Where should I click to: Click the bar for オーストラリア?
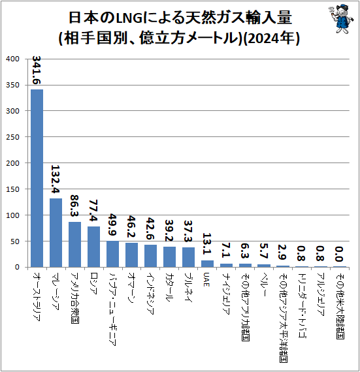click(37, 178)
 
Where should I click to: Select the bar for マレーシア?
click(56, 233)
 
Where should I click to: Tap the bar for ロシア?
click(94, 247)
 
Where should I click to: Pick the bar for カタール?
click(170, 257)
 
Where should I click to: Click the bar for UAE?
click(208, 264)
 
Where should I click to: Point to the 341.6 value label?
click(37, 70)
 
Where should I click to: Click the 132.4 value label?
click(56, 179)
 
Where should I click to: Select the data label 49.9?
click(112, 225)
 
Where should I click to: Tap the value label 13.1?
click(207, 243)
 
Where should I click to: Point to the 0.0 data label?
click(339, 254)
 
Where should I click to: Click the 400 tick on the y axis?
click(12, 59)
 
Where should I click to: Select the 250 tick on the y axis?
click(12, 137)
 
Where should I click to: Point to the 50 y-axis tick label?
click(15, 241)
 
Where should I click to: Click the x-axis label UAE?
click(206, 279)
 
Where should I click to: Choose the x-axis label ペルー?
click(263, 284)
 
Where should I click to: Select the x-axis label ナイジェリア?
click(226, 293)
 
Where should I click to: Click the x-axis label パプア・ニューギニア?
click(112, 309)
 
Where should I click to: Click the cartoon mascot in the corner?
click(341, 19)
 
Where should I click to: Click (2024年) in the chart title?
click(272, 39)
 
